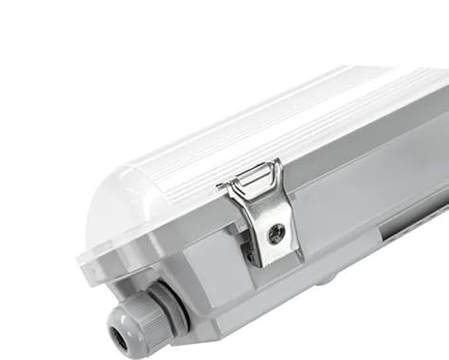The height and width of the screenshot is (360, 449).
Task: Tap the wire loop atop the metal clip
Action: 255,175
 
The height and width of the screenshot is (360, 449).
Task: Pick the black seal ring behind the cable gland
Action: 173,305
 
